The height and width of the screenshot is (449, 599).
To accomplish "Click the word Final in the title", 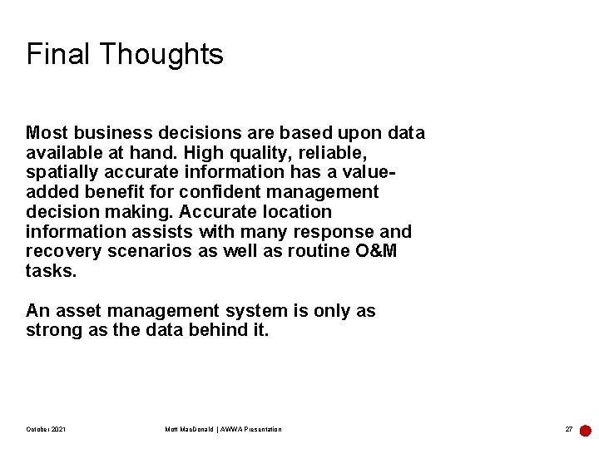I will (59, 54).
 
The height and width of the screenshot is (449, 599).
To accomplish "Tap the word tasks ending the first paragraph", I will (51, 272).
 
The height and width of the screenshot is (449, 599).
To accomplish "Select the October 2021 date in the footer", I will (46, 429).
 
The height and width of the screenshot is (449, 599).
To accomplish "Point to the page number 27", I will (569, 429).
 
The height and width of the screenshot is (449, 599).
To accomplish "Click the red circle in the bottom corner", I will (586, 431).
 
